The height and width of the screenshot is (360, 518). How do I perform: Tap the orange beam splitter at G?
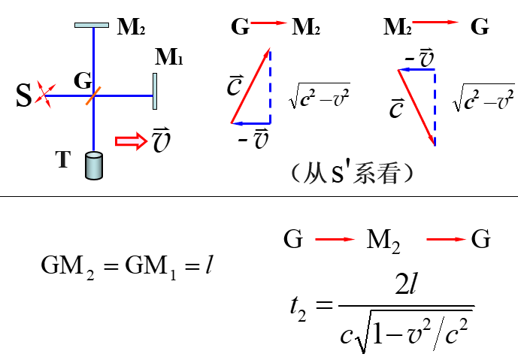93,95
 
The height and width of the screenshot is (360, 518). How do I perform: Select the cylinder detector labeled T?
93,165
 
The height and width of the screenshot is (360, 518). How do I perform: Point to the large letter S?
24,95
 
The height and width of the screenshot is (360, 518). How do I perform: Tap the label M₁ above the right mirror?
169,57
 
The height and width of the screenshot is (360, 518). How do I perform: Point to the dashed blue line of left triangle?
271,85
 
